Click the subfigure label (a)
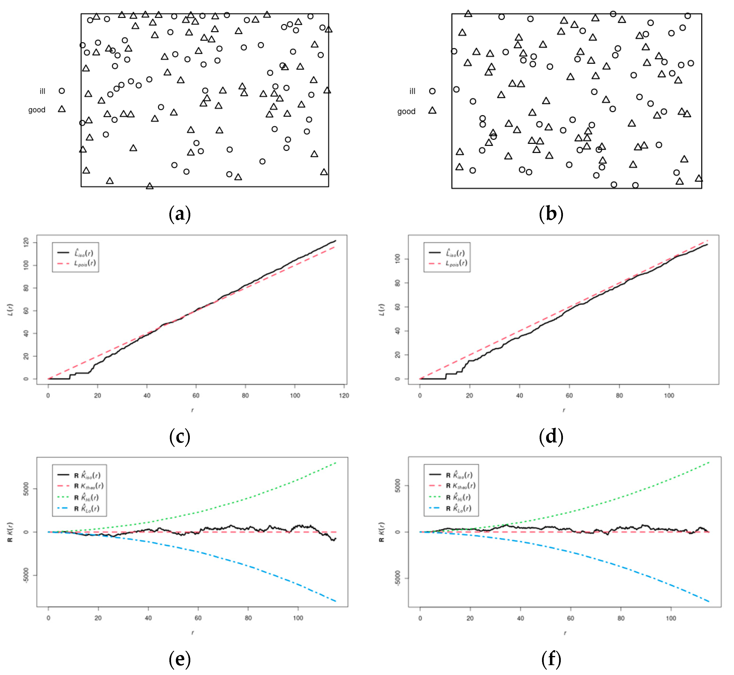pyautogui.click(x=179, y=214)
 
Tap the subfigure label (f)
pyautogui.click(x=551, y=659)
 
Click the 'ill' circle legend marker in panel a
pyautogui.click(x=62, y=91)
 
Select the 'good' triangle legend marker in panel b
pyautogui.click(x=432, y=110)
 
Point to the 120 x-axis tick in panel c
pyautogui.click(x=344, y=395)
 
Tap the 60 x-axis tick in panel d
pyautogui.click(x=569, y=395)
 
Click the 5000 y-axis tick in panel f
pyautogui.click(x=397, y=485)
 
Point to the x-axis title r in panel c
pyautogui.click(x=192, y=410)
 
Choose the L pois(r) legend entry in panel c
pyautogui.click(x=85, y=263)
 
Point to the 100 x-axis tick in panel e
pyautogui.click(x=298, y=618)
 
